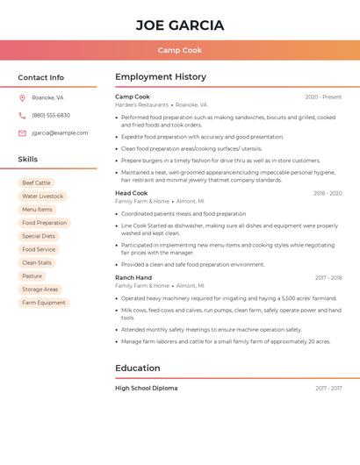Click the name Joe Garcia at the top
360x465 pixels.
(180, 25)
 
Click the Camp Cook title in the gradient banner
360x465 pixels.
(180, 50)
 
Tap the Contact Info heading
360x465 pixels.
(40, 77)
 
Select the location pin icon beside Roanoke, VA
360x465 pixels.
(22, 97)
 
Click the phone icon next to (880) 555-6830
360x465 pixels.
(22, 115)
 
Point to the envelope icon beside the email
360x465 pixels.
(22, 132)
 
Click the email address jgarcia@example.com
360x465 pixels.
(60, 132)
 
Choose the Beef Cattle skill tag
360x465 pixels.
(36, 182)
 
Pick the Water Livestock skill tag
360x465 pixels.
(42, 197)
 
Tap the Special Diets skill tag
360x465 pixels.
(39, 236)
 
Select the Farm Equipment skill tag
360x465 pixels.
(44, 303)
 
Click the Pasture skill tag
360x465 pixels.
(32, 276)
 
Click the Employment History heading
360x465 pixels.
(161, 77)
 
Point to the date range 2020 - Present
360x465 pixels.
(323, 97)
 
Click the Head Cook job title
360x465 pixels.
(131, 193)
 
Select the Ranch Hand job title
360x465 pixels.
(133, 277)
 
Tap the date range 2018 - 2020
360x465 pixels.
(328, 193)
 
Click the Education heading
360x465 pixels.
(137, 368)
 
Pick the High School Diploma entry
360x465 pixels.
(146, 388)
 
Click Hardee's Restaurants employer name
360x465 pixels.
(141, 104)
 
